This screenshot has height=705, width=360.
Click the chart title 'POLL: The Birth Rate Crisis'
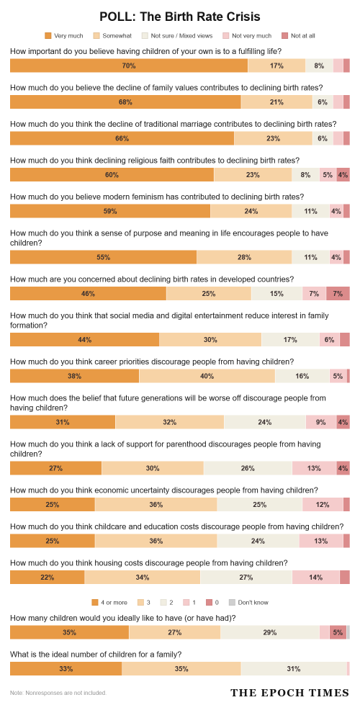[x=180, y=17]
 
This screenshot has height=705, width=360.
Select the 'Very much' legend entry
[x=64, y=35]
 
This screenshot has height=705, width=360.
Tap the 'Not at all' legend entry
[x=298, y=35]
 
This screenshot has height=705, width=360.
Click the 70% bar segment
[x=129, y=66]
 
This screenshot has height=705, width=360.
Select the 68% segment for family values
[x=125, y=102]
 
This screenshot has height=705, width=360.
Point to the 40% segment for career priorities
[x=207, y=376]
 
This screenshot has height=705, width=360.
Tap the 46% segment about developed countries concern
[x=88, y=294]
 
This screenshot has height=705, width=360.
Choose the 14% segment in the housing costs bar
[x=316, y=578]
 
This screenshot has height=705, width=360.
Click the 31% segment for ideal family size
[x=294, y=668]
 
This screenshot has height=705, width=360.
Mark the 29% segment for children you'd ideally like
[x=270, y=632]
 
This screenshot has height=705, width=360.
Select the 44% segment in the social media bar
[x=84, y=339]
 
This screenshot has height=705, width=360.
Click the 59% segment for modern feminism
[x=110, y=211]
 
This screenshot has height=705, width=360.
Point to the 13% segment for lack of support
[x=314, y=468]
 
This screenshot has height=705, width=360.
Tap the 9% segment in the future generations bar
[x=321, y=422]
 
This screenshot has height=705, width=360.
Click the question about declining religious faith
[x=155, y=160]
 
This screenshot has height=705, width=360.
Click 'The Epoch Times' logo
[x=290, y=692]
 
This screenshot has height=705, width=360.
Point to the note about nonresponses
[x=58, y=693]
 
